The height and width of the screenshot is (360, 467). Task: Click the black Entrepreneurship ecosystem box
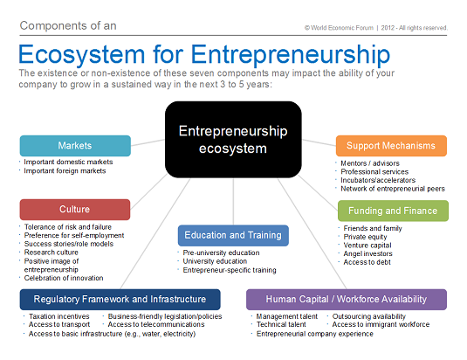tap(233, 140)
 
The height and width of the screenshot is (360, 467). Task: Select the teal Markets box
tap(75, 146)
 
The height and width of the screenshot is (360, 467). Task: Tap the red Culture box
tap(75, 210)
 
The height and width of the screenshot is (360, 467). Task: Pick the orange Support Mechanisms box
tap(391, 146)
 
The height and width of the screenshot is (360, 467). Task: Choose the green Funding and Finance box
tap(393, 211)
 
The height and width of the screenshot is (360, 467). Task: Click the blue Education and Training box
tap(233, 235)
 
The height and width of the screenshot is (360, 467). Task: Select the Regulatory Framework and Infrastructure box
tap(120, 300)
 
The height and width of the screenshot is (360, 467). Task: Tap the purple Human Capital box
tap(347, 300)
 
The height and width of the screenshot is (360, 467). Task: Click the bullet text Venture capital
tap(367, 246)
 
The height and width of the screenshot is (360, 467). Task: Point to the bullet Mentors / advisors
tap(370, 163)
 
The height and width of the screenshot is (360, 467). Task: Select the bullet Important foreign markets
tap(65, 170)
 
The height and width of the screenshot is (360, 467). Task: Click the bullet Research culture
tap(52, 253)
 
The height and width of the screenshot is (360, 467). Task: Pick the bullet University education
tap(215, 261)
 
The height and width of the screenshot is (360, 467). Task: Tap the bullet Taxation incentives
tap(59, 316)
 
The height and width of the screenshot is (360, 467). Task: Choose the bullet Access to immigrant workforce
tap(381, 324)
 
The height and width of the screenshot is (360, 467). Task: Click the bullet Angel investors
tap(367, 253)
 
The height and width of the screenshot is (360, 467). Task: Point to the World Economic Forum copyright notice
tap(376, 28)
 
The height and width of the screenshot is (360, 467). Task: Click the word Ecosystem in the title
tap(81, 54)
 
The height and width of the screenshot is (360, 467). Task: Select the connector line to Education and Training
tap(233, 202)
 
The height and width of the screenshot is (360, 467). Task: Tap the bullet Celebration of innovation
tap(64, 278)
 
